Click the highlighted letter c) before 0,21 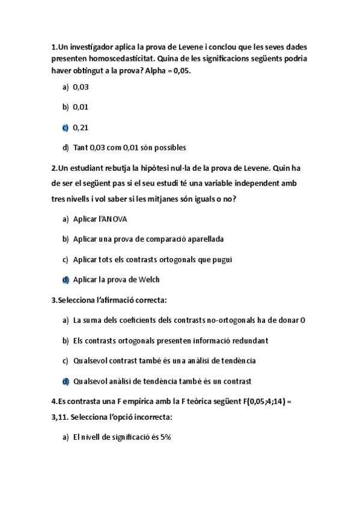[x=65, y=127]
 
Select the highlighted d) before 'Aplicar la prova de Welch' [x=65, y=280]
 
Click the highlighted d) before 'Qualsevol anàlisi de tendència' [x=65, y=381]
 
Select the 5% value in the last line [x=165, y=437]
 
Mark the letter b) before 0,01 [x=65, y=108]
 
